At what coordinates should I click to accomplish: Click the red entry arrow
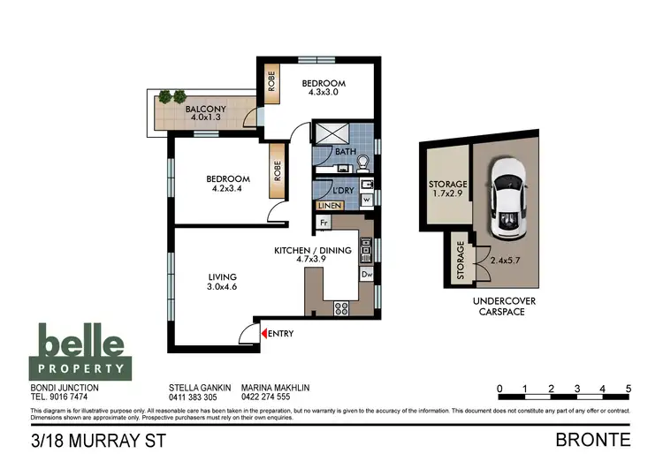pos(263,333)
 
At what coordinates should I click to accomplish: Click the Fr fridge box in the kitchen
pos(324,223)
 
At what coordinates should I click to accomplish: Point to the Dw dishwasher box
pos(366,275)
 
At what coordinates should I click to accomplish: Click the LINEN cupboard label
pos(329,207)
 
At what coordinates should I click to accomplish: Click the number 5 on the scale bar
pos(628,389)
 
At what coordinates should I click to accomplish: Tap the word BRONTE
pos(592,439)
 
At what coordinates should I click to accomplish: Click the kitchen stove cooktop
pos(341,307)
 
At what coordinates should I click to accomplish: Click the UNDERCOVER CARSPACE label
pos(503,306)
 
